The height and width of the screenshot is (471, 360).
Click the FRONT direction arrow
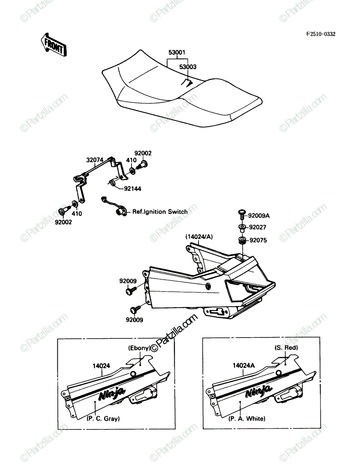(x=54, y=45)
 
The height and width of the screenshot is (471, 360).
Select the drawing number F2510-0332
(x=320, y=34)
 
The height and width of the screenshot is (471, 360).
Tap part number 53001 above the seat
(x=177, y=52)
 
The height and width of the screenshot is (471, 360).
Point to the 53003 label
(x=188, y=67)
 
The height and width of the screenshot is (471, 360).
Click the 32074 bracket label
(x=95, y=160)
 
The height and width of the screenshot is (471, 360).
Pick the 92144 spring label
(x=133, y=189)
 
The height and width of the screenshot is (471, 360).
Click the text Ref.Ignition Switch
(x=160, y=212)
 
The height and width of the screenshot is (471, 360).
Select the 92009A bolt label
(x=259, y=215)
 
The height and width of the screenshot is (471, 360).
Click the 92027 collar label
(x=258, y=227)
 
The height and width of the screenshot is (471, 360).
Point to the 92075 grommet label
(x=258, y=240)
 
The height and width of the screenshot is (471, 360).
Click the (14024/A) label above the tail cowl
(x=199, y=237)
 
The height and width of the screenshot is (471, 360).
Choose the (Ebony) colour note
(x=139, y=348)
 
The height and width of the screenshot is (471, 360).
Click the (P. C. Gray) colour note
(x=103, y=418)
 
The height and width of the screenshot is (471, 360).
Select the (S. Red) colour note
(x=286, y=347)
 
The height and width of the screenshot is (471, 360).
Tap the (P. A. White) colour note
(x=247, y=418)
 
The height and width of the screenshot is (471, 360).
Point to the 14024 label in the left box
(x=101, y=366)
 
